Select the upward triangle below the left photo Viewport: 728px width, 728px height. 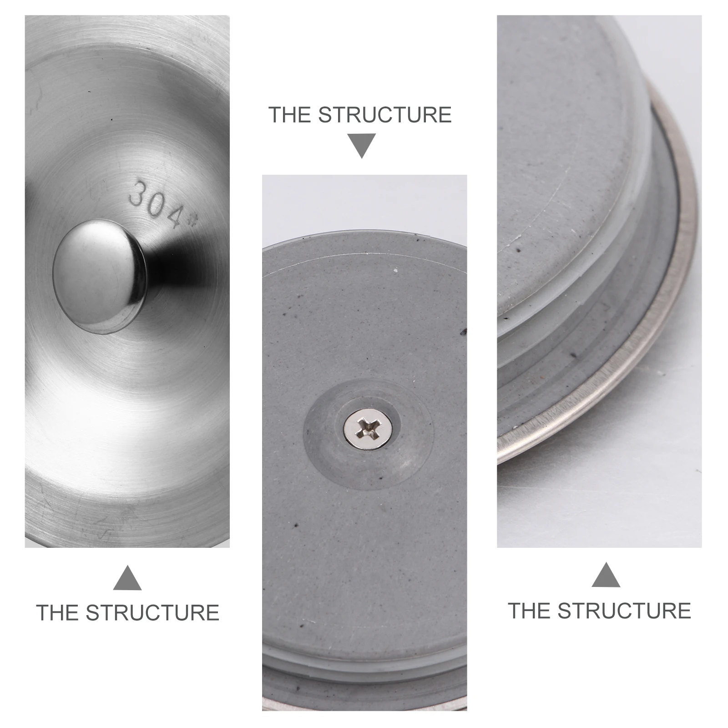[x=127, y=579]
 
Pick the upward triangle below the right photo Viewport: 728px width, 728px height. [x=606, y=576]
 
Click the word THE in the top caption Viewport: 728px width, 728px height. [x=290, y=115]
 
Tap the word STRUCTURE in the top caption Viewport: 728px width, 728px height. [x=384, y=115]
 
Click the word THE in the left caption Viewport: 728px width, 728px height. [x=57, y=612]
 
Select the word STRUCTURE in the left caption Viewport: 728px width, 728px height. [x=152, y=612]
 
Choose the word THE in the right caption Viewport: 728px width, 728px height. [x=529, y=611]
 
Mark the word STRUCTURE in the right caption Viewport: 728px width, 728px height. [x=624, y=611]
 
